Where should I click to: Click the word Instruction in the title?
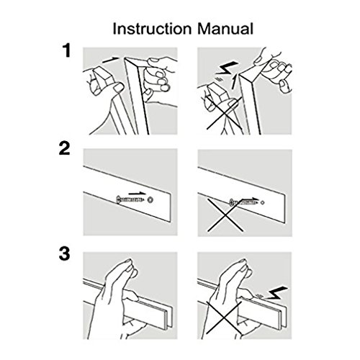pyautogui.click(x=152, y=29)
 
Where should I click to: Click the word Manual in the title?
pyautogui.click(x=225, y=29)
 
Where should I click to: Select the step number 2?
pyautogui.click(x=64, y=148)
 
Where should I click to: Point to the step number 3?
pyautogui.click(x=64, y=253)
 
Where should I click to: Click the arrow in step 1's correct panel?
pyautogui.click(x=111, y=60)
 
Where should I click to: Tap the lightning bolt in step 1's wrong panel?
pyautogui.click(x=227, y=68)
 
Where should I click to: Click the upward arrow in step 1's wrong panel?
pyautogui.click(x=234, y=81)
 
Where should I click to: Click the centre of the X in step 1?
pyautogui.click(x=225, y=113)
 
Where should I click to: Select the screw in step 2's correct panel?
pyautogui.click(x=130, y=199)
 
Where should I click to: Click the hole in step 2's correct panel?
pyautogui.click(x=150, y=199)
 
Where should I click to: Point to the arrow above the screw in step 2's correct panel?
pyautogui.click(x=137, y=193)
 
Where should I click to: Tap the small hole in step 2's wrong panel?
pyautogui.click(x=263, y=202)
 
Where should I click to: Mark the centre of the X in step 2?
pyautogui.click(x=225, y=215)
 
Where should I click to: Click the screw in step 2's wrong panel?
pyautogui.click(x=243, y=202)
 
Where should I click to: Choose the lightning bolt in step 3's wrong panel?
pyautogui.click(x=276, y=293)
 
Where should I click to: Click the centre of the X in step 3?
pyautogui.click(x=224, y=318)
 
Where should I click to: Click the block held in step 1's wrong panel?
pyautogui.click(x=218, y=94)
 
